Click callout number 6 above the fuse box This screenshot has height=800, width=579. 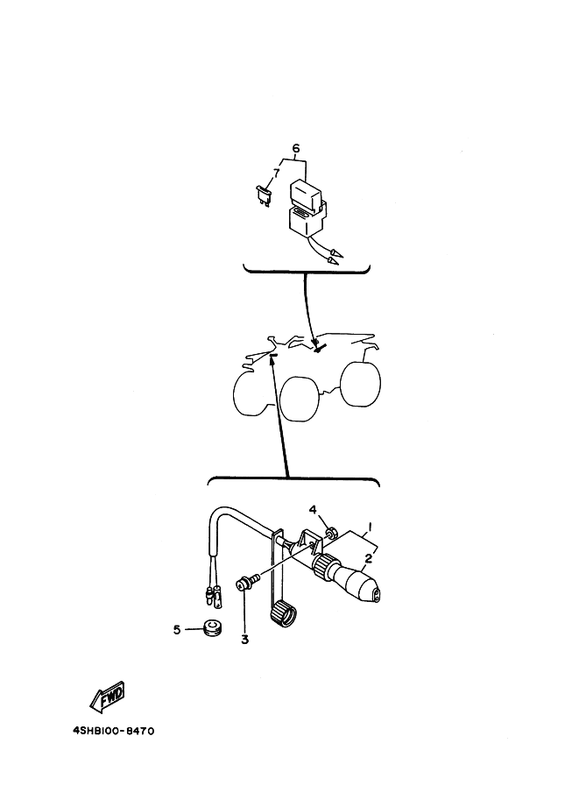[x=296, y=148]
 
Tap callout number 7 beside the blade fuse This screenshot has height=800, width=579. [x=276, y=173]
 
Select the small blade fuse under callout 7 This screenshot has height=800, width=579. [x=264, y=196]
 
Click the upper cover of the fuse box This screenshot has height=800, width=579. [x=306, y=194]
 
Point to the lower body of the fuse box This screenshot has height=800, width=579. [x=307, y=220]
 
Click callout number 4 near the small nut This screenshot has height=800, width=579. [x=313, y=510]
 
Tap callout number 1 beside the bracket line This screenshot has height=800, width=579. [x=370, y=526]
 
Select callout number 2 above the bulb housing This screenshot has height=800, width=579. [x=368, y=558]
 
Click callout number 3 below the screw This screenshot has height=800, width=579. [x=245, y=640]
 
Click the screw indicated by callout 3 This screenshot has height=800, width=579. [x=247, y=582]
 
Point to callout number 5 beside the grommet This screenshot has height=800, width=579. [x=177, y=630]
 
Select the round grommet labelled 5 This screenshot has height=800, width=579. [x=211, y=628]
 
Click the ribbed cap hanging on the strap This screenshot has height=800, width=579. [x=282, y=613]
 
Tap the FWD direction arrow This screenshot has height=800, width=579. [x=108, y=697]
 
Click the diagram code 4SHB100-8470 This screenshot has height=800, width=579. [x=114, y=731]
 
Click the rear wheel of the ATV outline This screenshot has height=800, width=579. [x=360, y=384]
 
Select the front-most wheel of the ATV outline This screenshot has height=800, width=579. [x=250, y=393]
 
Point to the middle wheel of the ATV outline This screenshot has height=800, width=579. [x=300, y=399]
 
